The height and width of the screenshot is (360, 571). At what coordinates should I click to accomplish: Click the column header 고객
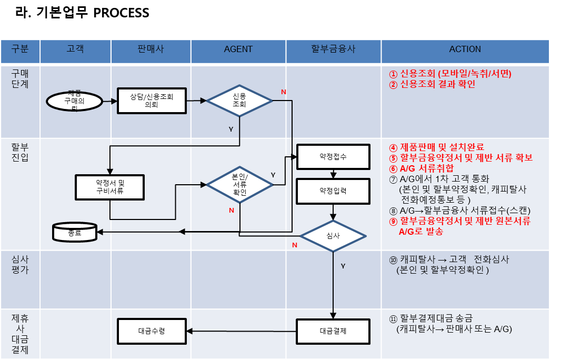point(75,49)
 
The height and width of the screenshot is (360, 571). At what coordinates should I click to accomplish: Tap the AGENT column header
point(238,49)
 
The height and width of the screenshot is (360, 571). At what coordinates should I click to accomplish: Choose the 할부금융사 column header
point(333,49)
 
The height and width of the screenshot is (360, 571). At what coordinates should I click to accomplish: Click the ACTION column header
point(465,49)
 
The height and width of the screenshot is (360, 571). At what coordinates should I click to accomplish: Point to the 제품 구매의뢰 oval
point(74,101)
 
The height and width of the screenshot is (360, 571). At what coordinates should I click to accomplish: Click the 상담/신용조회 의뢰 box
point(152,101)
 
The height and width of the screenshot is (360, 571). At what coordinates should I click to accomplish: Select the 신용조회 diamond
point(239,101)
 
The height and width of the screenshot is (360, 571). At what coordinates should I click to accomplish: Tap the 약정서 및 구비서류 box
point(109,187)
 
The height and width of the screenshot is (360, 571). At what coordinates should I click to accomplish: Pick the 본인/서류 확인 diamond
point(239,184)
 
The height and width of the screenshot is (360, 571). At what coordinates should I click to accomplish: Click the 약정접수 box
point(333,157)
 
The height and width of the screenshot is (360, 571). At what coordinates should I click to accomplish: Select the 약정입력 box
point(333,191)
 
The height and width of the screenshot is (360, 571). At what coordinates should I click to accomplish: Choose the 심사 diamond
point(333,236)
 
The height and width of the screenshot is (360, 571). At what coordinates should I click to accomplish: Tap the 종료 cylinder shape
point(75,232)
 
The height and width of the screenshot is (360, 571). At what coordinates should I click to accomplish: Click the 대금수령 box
point(152,332)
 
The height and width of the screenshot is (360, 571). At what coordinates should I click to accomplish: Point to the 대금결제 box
point(333,332)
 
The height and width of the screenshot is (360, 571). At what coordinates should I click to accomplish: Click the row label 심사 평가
point(20,265)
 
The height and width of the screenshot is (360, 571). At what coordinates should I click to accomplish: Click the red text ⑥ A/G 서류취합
point(421,168)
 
